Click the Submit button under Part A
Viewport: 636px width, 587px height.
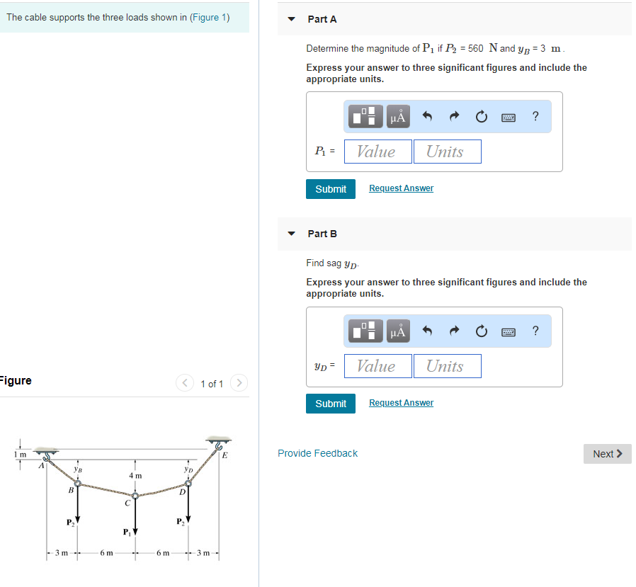click(x=331, y=189)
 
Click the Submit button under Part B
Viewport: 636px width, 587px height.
click(x=331, y=404)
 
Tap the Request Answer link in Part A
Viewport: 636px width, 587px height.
click(x=401, y=188)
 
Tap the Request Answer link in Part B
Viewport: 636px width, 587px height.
click(x=401, y=403)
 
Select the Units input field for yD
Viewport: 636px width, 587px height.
click(x=447, y=366)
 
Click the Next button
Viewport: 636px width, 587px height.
click(x=607, y=454)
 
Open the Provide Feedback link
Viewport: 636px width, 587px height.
click(x=317, y=453)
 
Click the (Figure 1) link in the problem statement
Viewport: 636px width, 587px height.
click(x=210, y=17)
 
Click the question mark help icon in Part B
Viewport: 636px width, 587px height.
click(x=535, y=331)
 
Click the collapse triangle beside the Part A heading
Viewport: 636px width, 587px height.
click(x=291, y=20)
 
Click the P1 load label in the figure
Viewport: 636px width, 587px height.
click(x=127, y=531)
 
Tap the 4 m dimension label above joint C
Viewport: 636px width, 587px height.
click(x=135, y=476)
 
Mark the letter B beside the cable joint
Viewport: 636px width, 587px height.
click(x=71, y=490)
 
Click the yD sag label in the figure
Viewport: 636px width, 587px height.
click(x=188, y=469)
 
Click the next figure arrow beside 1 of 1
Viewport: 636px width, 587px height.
click(x=239, y=384)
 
